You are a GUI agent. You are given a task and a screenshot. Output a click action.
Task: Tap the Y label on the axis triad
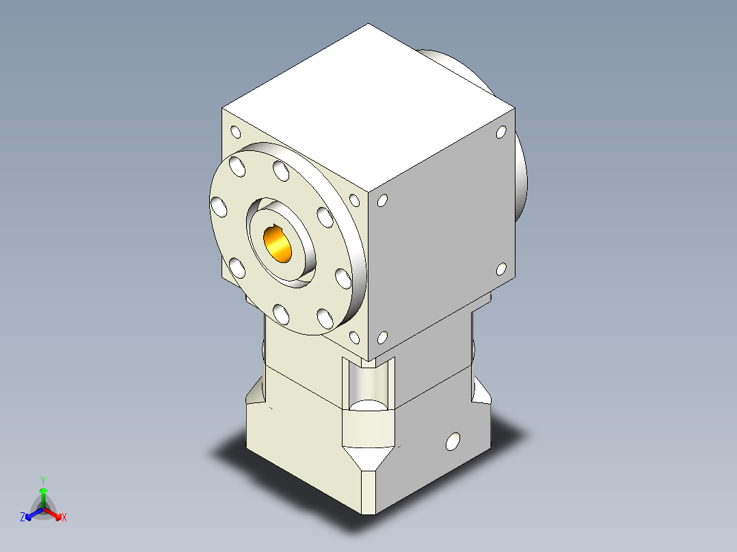tap(43, 480)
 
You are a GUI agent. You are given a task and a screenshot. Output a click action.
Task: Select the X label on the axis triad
tap(64, 517)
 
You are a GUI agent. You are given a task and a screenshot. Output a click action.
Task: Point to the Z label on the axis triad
tap(23, 517)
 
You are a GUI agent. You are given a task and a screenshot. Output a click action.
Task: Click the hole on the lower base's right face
tap(453, 441)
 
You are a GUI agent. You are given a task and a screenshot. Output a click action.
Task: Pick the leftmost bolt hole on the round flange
tap(219, 206)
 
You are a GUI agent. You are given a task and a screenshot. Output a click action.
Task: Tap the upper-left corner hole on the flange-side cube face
tap(236, 132)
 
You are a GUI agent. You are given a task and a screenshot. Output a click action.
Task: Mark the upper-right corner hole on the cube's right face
tap(501, 133)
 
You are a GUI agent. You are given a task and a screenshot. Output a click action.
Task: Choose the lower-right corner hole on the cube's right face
tap(501, 269)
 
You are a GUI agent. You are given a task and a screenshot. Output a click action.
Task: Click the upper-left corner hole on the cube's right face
tap(382, 201)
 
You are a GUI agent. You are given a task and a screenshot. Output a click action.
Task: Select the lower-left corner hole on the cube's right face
tap(382, 337)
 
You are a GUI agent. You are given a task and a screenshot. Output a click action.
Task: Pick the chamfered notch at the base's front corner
tap(370, 458)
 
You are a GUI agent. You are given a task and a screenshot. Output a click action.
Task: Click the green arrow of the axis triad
tap(43, 495)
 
